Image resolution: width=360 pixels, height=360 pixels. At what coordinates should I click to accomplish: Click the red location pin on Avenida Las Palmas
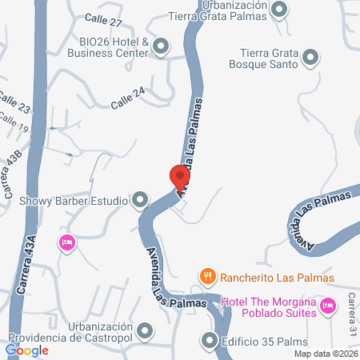pyautogui.click(x=180, y=176)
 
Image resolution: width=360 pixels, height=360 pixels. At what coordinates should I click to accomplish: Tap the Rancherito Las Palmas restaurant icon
pyautogui.click(x=207, y=277)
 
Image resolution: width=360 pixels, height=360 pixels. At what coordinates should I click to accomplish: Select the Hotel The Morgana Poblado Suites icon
pyautogui.click(x=326, y=306)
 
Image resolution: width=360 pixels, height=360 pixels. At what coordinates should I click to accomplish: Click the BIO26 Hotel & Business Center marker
pyautogui.click(x=161, y=46)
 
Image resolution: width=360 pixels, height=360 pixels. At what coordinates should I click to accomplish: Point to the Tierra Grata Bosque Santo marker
pyautogui.click(x=310, y=57)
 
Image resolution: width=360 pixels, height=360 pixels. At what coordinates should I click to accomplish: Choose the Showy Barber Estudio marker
pyautogui.click(x=141, y=199)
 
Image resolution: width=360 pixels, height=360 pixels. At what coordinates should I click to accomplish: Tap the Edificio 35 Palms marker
pyautogui.click(x=210, y=341)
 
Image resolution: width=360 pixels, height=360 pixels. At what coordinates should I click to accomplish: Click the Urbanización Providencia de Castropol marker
pyautogui.click(x=145, y=330)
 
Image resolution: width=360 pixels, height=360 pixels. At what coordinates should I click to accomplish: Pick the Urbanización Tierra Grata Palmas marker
pyautogui.click(x=278, y=10)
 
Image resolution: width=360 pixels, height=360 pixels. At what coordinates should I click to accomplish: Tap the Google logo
pyautogui.click(x=27, y=350)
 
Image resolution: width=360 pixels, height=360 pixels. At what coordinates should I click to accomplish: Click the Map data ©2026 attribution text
pyautogui.click(x=326, y=353)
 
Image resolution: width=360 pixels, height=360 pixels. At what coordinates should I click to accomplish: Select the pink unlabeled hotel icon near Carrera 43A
pyautogui.click(x=67, y=242)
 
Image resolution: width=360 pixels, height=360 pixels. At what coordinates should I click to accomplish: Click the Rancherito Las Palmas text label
pyautogui.click(x=277, y=277)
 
